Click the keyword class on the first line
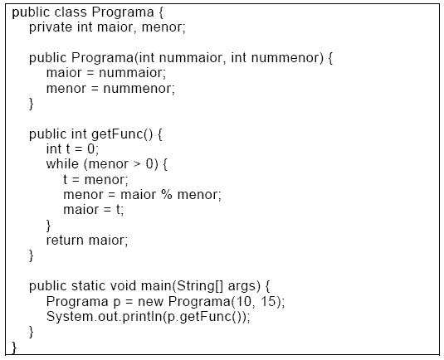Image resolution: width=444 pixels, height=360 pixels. coord(71,12)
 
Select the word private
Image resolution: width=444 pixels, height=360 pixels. coord(51,27)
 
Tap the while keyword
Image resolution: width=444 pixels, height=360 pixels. coord(62,164)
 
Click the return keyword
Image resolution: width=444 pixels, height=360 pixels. coord(66,241)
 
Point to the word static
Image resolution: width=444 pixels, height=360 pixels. coord(88,286)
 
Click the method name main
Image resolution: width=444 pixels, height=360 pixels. coord(156,286)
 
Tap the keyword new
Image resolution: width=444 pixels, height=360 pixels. coord(151,302)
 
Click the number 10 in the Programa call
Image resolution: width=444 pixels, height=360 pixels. coord(243,301)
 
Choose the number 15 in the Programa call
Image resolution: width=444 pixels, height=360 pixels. coord(268,301)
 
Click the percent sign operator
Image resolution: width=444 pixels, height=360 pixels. coord(167,194)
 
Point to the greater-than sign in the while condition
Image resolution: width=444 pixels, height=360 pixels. coord(137,164)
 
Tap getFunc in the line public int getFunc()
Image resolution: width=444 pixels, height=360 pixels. coord(118,134)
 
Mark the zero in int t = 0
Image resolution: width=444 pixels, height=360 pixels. coord(91,148)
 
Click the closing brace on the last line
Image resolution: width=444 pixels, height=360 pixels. coord(14,348)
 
